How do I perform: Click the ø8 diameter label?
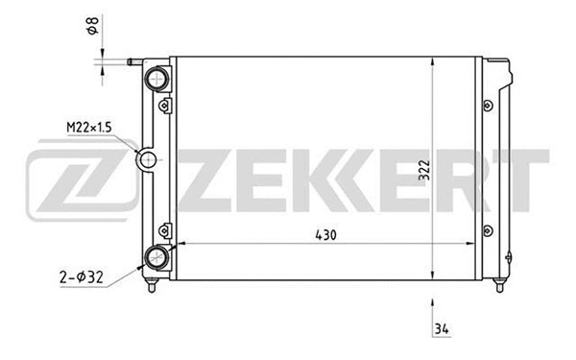pyautogui.click(x=91, y=29)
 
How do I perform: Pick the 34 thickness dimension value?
pyautogui.click(x=441, y=331)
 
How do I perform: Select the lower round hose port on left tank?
pyautogui.click(x=156, y=255)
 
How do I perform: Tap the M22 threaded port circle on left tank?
pyautogui.click(x=147, y=160)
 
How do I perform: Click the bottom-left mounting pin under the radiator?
pyautogui.click(x=149, y=284)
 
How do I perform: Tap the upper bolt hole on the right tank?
pyautogui.click(x=488, y=104)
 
